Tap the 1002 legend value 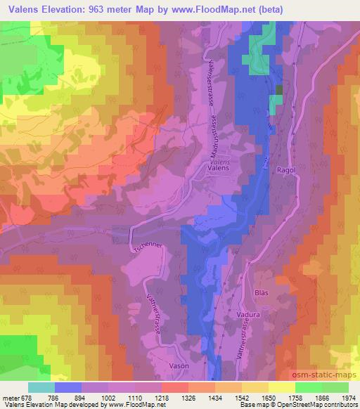[x=109, y=397]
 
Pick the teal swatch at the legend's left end [x=41, y=387]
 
